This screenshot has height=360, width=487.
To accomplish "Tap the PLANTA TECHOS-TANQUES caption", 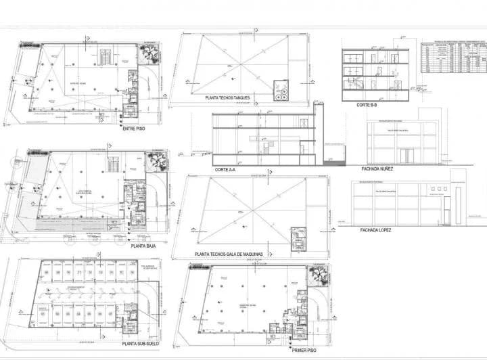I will pyautogui.click(x=227, y=99).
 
